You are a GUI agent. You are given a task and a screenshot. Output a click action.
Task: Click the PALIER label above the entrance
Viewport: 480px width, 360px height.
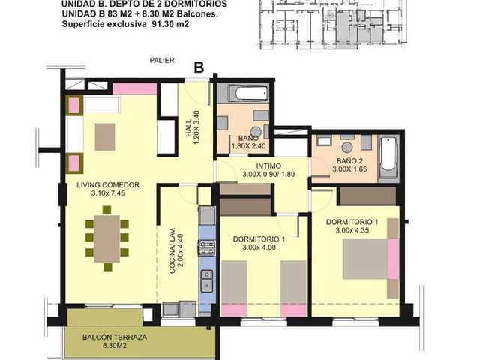[162, 60]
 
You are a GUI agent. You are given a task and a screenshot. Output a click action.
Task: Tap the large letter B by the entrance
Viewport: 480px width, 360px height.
[199, 67]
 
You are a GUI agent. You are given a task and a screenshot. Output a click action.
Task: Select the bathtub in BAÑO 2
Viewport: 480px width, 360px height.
[388, 158]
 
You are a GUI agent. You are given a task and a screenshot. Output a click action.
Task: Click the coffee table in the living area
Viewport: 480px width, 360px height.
[105, 136]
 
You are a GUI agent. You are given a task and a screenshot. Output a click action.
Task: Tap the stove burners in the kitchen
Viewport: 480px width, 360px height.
[207, 248]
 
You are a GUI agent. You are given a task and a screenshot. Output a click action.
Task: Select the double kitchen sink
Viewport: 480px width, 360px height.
[207, 280]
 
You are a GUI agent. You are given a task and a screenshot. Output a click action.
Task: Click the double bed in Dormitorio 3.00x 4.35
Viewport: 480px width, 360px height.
[365, 259]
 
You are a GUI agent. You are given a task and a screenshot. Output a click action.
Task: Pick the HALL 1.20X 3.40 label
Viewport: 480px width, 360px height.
[193, 128]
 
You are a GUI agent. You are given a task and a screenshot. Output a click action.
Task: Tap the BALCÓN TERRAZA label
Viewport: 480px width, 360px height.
[115, 337]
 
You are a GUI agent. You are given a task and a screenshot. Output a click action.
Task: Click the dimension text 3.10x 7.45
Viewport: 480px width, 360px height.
[108, 193]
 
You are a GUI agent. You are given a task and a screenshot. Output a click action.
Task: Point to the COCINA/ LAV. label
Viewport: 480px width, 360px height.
[172, 250]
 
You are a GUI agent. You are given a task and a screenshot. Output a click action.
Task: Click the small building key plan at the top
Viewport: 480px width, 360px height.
[334, 25]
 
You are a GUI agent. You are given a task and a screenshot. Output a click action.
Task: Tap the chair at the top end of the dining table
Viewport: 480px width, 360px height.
[106, 210]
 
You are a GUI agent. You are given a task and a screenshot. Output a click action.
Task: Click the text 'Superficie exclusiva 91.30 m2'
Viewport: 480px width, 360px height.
[125, 24]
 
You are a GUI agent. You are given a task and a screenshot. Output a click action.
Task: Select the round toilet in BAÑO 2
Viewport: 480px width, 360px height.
[346, 147]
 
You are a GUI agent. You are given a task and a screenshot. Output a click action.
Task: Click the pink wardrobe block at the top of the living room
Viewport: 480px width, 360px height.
[135, 88]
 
